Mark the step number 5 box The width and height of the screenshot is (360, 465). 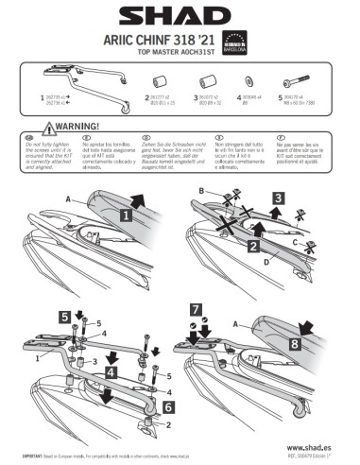[63, 317]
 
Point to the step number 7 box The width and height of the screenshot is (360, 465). [196, 310]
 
